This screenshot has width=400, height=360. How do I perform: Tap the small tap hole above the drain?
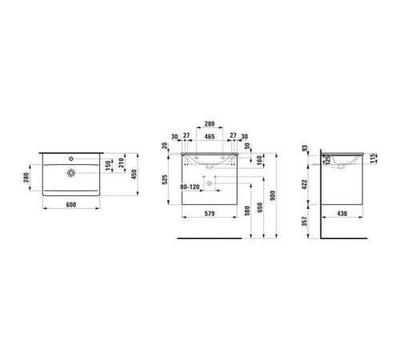click(72, 159)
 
